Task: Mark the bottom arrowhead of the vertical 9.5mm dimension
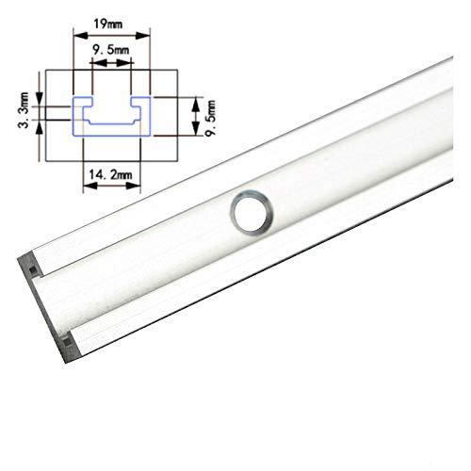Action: tap(195, 131)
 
